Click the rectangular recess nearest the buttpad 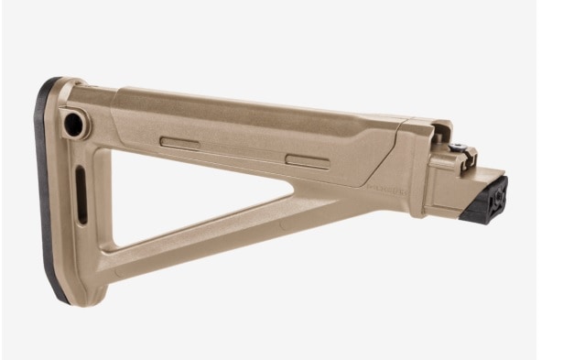coord(180,144)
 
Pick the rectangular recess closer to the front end coord(306,159)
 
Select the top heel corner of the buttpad coord(54,84)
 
